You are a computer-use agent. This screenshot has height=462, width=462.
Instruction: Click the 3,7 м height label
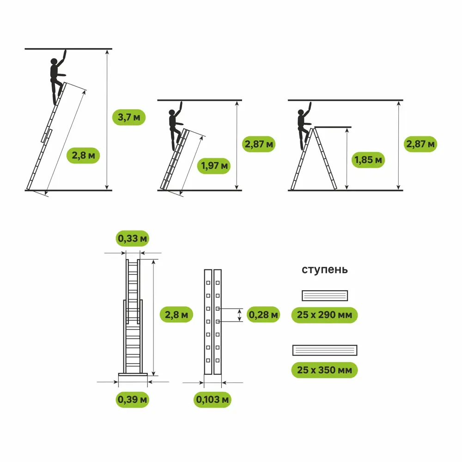(128, 117)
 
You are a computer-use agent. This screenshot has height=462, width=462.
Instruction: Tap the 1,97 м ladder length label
(214, 165)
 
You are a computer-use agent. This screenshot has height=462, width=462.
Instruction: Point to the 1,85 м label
(368, 160)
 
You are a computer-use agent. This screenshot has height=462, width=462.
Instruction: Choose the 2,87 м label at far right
(420, 144)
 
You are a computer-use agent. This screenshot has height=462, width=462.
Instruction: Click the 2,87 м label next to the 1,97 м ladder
(259, 144)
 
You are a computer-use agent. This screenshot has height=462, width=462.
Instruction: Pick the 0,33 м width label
(133, 238)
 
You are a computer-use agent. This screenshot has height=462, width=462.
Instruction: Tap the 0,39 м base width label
(133, 398)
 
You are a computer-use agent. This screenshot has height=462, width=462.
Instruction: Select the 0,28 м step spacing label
(263, 315)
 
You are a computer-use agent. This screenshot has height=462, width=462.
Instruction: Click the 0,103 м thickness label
(213, 399)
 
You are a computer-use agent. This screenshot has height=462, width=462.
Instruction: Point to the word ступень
(324, 269)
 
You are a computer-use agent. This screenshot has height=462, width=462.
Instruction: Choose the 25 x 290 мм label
(324, 315)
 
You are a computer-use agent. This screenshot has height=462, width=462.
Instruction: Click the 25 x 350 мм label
(324, 370)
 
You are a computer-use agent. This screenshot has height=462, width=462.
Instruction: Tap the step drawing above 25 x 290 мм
(324, 295)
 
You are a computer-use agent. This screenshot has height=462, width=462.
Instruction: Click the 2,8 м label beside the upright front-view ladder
(176, 315)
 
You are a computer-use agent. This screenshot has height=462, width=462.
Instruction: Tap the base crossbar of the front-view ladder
(133, 374)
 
